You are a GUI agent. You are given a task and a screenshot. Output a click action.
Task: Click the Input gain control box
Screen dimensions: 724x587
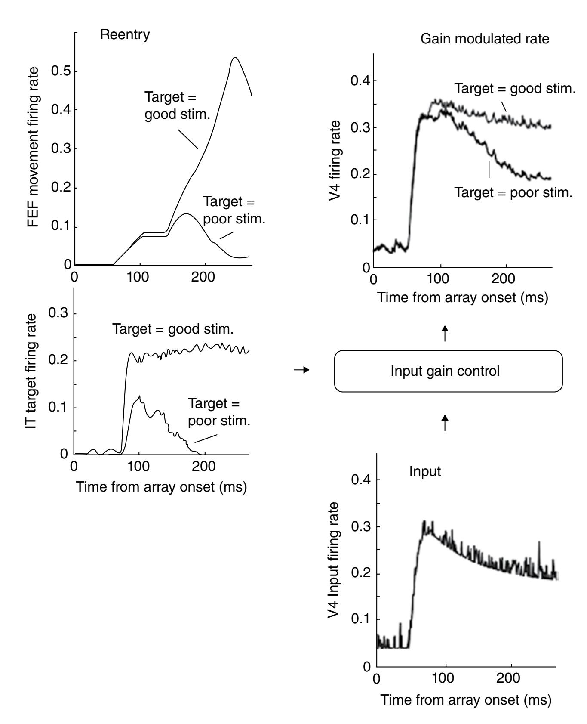448,371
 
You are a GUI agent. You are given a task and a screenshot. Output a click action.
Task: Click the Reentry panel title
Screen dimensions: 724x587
125,35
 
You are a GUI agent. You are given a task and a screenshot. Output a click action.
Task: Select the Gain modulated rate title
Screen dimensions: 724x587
485,39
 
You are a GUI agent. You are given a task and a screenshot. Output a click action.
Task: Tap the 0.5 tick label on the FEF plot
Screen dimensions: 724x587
61,71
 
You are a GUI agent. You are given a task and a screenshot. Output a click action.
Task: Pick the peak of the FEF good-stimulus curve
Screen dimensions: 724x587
235,58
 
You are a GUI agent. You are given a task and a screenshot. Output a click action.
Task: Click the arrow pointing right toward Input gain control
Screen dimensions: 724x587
302,370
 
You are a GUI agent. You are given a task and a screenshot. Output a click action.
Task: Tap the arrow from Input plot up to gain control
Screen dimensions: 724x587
445,423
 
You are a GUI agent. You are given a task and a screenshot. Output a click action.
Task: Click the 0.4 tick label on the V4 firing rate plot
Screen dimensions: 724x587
360,81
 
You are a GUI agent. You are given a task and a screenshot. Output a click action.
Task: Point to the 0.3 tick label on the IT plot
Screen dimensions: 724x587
59,314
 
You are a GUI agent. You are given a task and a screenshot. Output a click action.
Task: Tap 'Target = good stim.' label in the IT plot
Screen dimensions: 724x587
173,329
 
